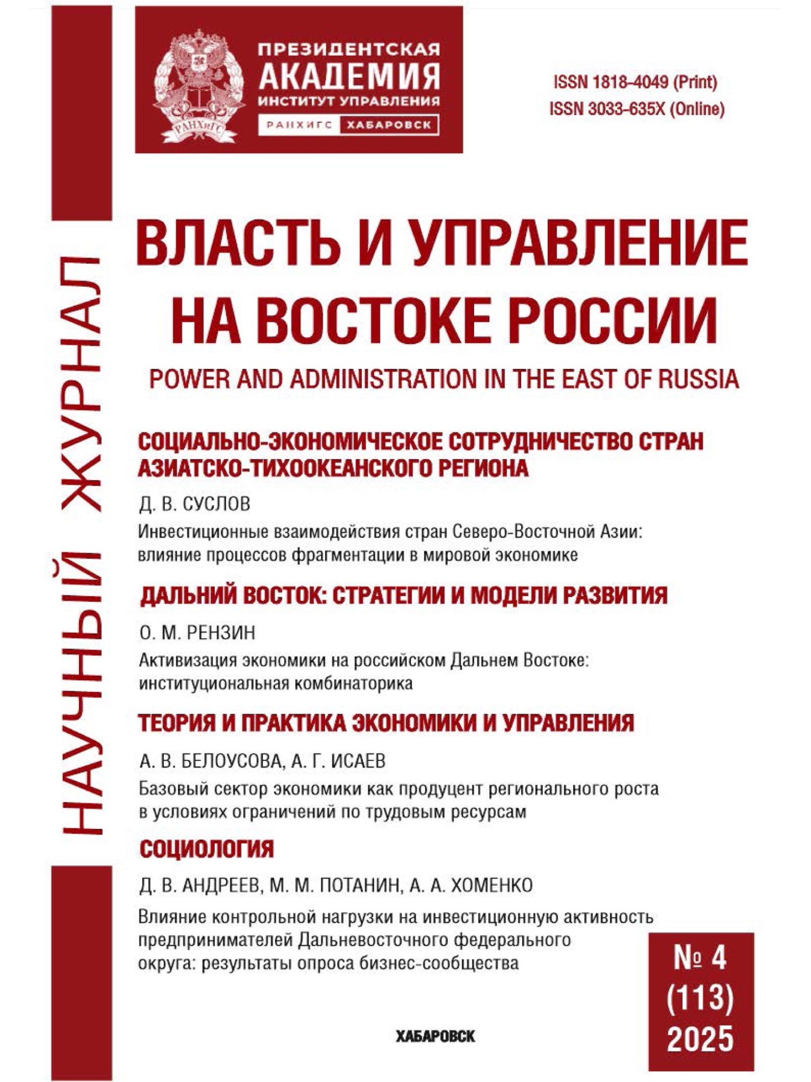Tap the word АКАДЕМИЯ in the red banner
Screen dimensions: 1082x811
(x=349, y=76)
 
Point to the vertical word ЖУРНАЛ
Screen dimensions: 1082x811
(x=81, y=384)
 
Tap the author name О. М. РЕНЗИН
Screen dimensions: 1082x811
(x=197, y=633)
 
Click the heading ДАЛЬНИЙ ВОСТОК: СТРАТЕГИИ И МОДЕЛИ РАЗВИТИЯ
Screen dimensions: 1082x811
(x=403, y=595)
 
